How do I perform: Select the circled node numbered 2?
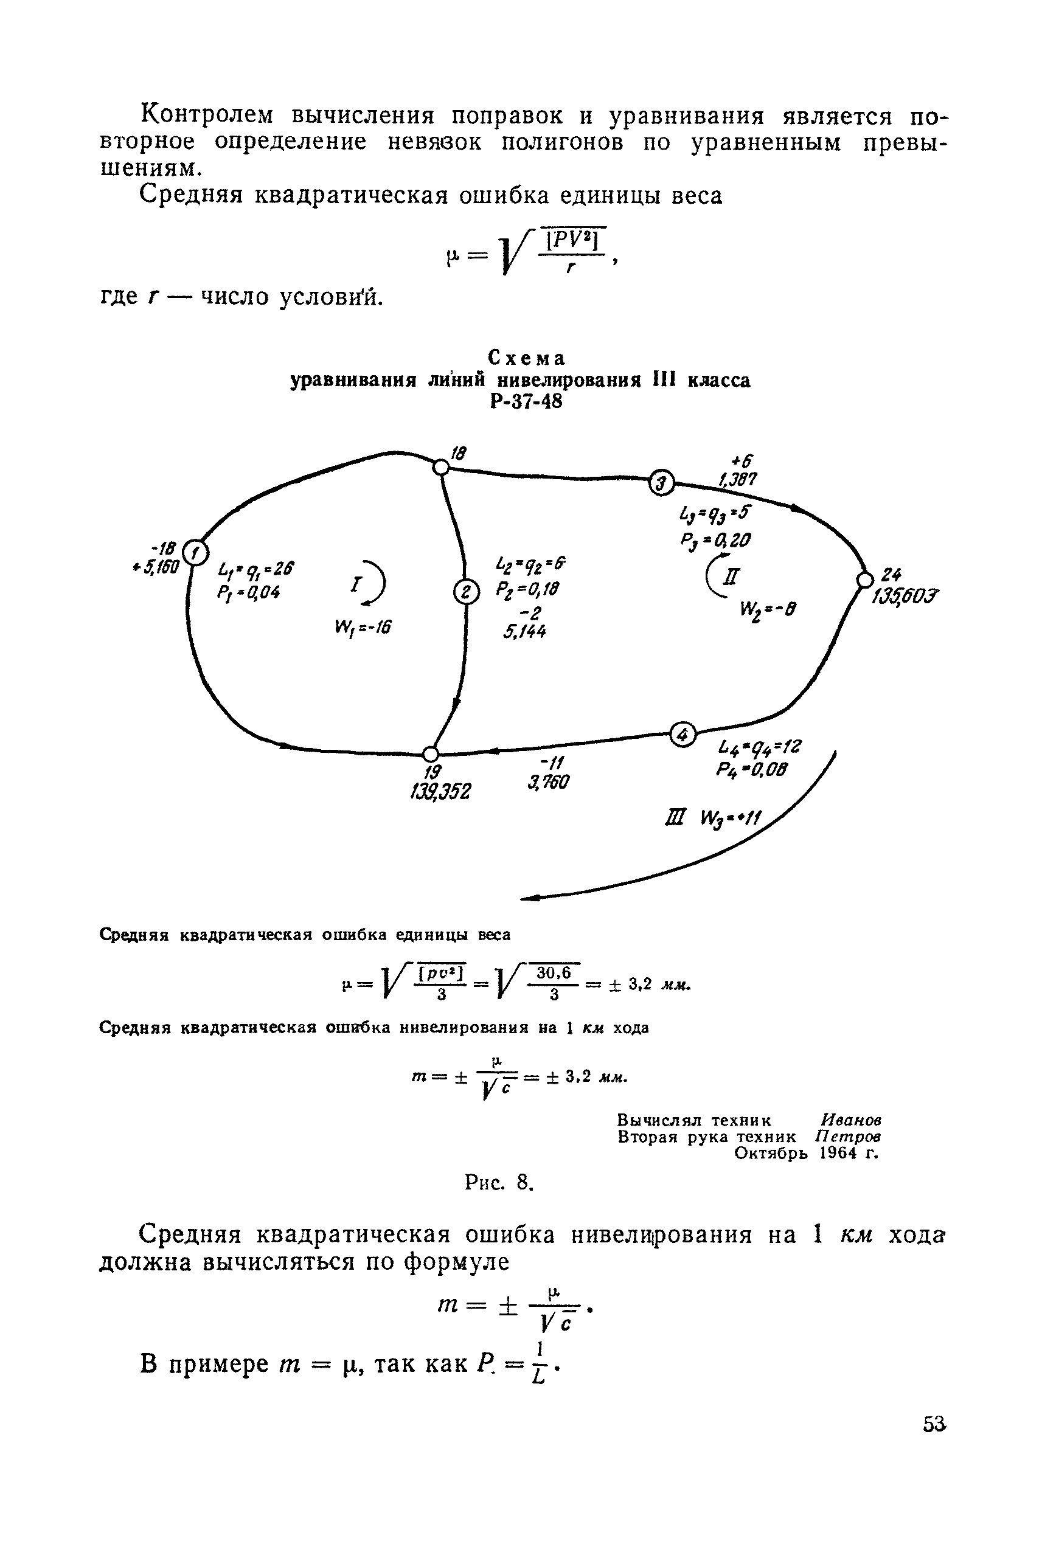tap(466, 591)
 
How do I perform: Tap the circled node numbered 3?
tap(661, 482)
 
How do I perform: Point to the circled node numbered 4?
tap(683, 734)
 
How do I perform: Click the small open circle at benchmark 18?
tap(440, 468)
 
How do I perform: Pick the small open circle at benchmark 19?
tap(431, 754)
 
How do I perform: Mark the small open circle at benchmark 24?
tap(864, 580)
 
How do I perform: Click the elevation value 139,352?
tap(440, 792)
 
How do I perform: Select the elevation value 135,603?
tap(905, 596)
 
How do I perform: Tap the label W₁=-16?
tap(364, 626)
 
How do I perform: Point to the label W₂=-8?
tap(767, 609)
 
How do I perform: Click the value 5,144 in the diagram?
tap(525, 632)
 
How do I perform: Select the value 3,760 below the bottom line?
tap(548, 783)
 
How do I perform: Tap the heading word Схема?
tap(526, 358)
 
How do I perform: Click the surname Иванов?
tap(851, 1120)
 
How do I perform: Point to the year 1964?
tap(838, 1153)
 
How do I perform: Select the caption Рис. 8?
tap(499, 1182)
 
